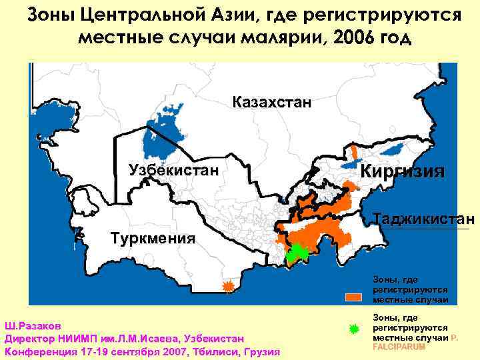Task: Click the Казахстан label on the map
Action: (271, 103)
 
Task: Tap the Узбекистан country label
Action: (173, 169)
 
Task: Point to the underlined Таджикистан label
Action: (424, 219)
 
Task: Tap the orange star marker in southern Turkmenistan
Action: (228, 287)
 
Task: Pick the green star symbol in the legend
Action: (354, 329)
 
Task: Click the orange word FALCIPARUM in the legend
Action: (399, 347)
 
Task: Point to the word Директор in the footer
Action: (31, 339)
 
